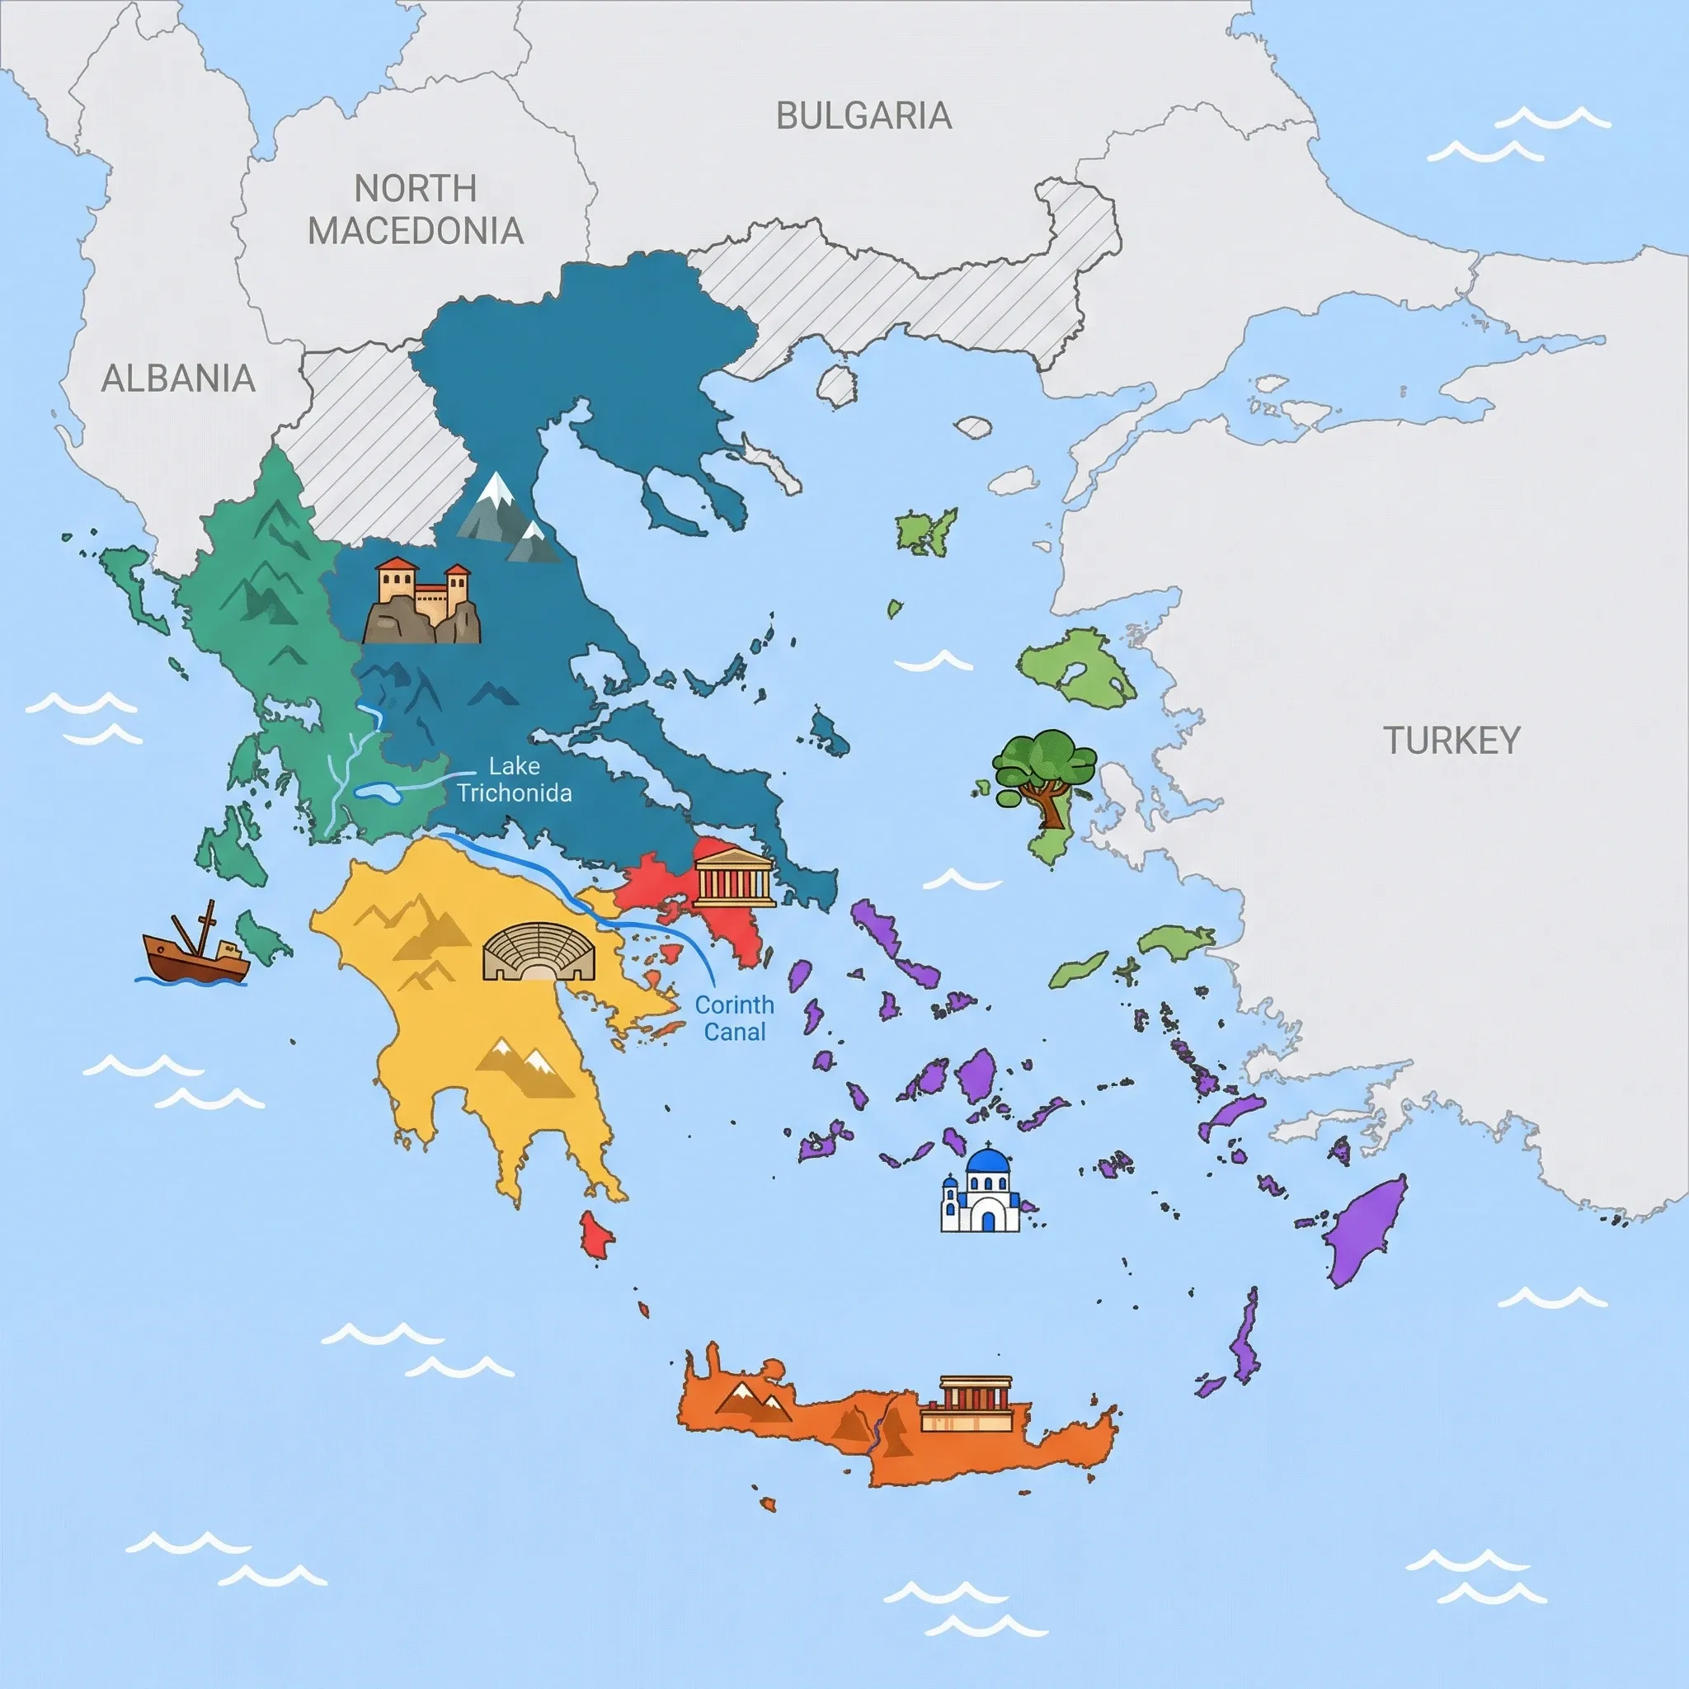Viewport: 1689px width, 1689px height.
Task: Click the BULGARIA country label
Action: (x=863, y=116)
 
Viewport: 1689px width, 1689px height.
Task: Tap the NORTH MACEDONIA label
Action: (x=416, y=209)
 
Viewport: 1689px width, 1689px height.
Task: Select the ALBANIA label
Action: (x=178, y=379)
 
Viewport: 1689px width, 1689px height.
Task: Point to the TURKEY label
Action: (x=1451, y=741)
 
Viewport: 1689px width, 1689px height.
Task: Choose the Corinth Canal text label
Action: (x=734, y=1019)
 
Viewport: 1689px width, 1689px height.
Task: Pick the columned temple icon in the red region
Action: (x=733, y=877)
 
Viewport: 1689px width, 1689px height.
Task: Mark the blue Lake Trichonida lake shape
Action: (x=378, y=793)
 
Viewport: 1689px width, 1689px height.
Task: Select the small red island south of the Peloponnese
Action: (x=597, y=1235)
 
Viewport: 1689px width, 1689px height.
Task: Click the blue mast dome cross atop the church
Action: (x=988, y=1147)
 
